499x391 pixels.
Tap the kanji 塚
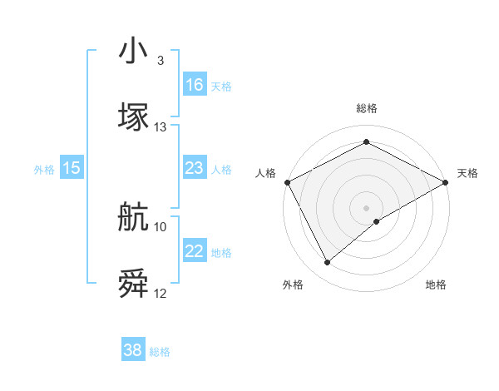[133, 116]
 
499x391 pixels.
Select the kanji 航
[133, 218]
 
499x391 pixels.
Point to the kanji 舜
[133, 284]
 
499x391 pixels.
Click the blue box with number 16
[195, 84]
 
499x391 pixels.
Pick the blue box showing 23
[195, 168]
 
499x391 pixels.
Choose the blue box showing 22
[195, 251]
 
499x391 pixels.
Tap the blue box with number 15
[72, 168]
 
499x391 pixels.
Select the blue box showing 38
[133, 351]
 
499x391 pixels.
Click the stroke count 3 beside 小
[160, 61]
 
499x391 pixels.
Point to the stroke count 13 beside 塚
[161, 127]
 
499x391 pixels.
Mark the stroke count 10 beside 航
[161, 226]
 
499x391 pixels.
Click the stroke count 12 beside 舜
[161, 294]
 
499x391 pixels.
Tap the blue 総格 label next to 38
[160, 352]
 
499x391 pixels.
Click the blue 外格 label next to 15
[44, 169]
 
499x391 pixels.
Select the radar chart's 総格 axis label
[367, 108]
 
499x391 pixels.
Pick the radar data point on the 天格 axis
[446, 182]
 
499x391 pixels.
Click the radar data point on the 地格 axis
[378, 221]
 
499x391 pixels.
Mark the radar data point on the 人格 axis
[287, 182]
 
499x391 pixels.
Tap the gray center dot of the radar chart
[367, 207]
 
